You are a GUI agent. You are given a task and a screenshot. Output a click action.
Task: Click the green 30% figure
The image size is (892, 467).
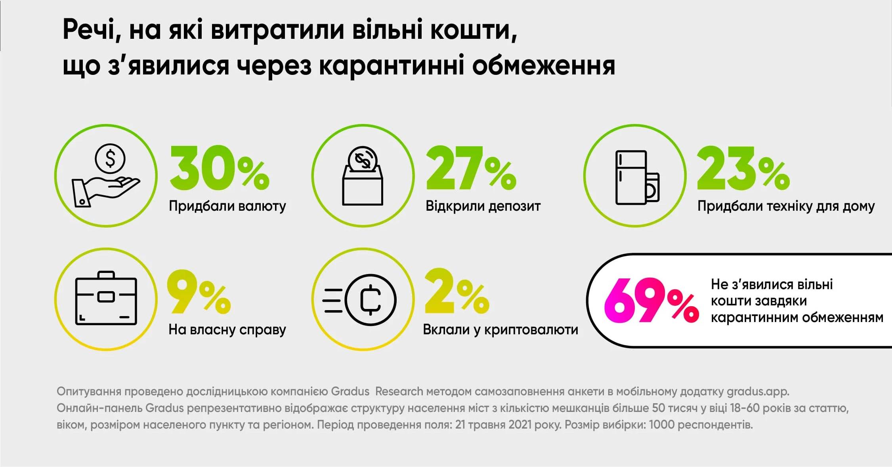[x=219, y=168]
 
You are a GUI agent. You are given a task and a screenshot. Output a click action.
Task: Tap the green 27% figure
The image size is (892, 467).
[x=471, y=168]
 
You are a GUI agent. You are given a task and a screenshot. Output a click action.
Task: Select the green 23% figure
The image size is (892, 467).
[x=743, y=168]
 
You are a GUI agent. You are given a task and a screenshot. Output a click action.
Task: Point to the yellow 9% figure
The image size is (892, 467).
[x=199, y=292]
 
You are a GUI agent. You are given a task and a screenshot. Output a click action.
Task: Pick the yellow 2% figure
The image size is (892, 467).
[x=457, y=292]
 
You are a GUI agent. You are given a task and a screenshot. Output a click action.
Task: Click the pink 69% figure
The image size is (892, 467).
[x=651, y=301]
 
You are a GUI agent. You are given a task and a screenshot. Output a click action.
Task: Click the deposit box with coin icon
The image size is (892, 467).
[x=363, y=175]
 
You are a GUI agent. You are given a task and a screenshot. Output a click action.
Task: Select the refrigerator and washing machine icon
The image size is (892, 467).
[x=636, y=177]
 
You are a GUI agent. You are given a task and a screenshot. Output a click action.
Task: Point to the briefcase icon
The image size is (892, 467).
[x=106, y=299]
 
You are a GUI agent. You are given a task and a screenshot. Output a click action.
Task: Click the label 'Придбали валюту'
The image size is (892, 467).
[x=227, y=206]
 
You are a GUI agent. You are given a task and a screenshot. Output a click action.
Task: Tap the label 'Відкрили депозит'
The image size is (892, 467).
[x=483, y=206]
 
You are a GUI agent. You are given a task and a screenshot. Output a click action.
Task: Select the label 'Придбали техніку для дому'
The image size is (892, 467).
[x=786, y=206]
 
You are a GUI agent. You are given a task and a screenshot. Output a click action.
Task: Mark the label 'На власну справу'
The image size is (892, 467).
[x=227, y=330]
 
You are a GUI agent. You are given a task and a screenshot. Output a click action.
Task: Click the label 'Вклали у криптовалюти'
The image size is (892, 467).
[x=500, y=330]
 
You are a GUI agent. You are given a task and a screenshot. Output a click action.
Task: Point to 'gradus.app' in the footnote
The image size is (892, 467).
[x=757, y=391]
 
